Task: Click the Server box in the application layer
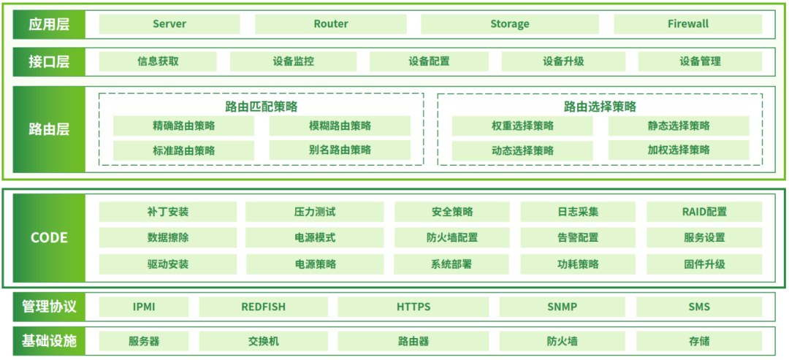[169, 24]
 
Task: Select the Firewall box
[687, 24]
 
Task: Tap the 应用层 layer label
[49, 24]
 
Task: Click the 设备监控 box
[293, 61]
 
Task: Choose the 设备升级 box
[563, 61]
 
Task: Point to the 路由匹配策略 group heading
[262, 107]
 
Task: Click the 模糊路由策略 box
[340, 126]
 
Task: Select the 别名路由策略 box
[340, 150]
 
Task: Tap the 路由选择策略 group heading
[600, 107]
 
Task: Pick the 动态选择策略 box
[522, 150]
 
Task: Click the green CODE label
[49, 237]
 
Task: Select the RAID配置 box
[704, 212]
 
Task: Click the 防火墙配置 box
[452, 237]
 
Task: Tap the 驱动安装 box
[167, 264]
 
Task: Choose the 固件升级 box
[704, 264]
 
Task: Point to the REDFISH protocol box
[262, 307]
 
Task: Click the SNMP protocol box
[562, 307]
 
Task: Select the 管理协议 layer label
[49, 307]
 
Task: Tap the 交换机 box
[264, 341]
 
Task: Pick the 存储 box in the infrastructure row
[698, 341]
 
